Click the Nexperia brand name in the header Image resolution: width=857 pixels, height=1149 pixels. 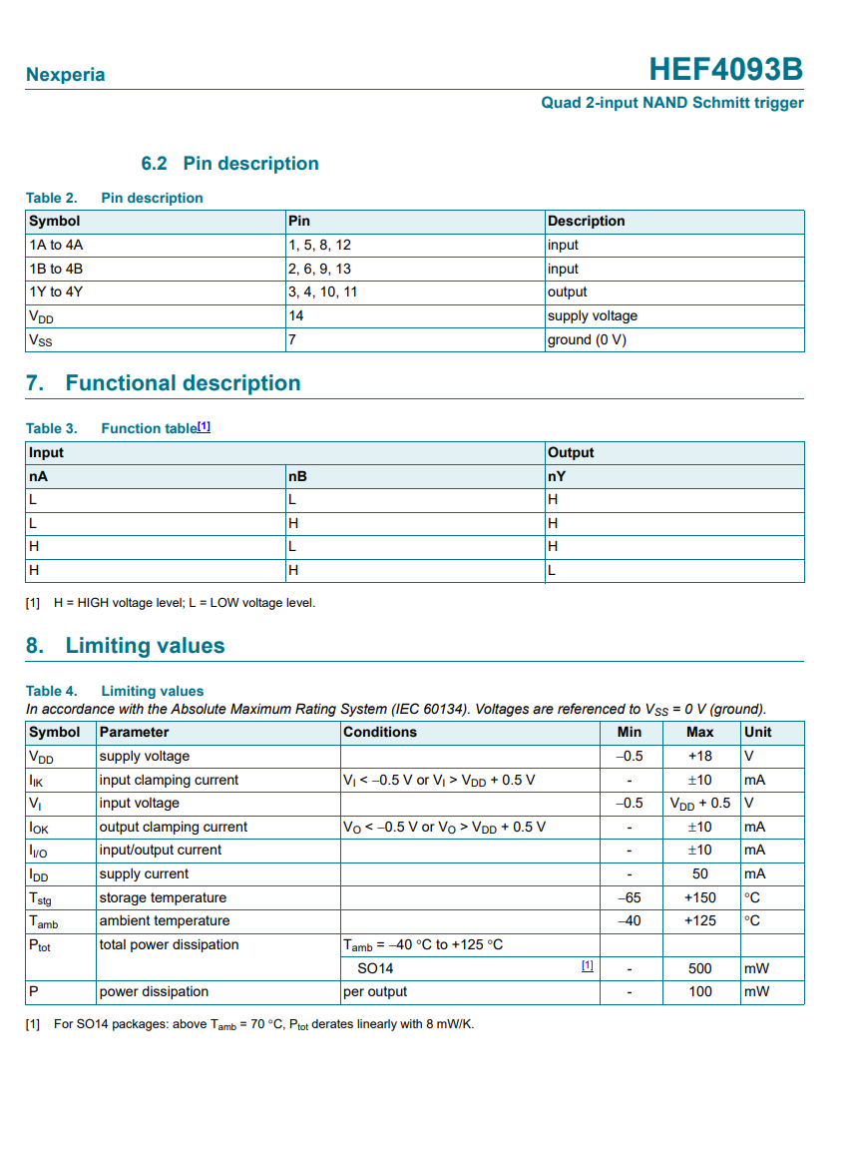click(65, 75)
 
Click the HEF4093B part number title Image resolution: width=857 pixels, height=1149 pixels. click(725, 70)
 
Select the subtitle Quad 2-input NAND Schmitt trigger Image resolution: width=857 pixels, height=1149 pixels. click(671, 103)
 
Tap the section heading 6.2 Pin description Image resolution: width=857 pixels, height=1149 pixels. click(229, 164)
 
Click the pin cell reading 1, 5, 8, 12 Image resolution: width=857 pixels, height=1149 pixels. click(319, 245)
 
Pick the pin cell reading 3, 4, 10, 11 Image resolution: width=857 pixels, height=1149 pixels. click(322, 292)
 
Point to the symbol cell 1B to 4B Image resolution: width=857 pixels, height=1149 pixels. click(56, 269)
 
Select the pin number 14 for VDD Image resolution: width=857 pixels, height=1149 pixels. click(296, 315)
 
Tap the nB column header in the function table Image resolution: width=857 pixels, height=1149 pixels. click(297, 476)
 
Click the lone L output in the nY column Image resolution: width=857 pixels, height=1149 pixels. click(552, 571)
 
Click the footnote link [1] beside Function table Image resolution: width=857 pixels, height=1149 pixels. click(204, 426)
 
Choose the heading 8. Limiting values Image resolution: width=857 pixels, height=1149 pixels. click(126, 646)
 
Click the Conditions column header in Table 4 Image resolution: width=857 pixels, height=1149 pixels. click(380, 732)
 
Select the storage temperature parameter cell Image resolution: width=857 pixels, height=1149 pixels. click(163, 897)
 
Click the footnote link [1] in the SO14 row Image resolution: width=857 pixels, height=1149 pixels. click(588, 966)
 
